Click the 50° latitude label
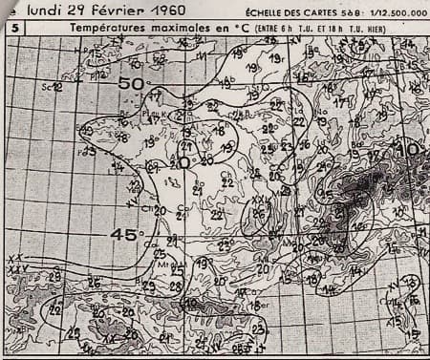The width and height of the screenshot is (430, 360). click(x=131, y=83)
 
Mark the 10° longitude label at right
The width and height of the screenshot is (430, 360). click(x=413, y=149)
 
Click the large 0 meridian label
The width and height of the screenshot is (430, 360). click(x=183, y=161)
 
